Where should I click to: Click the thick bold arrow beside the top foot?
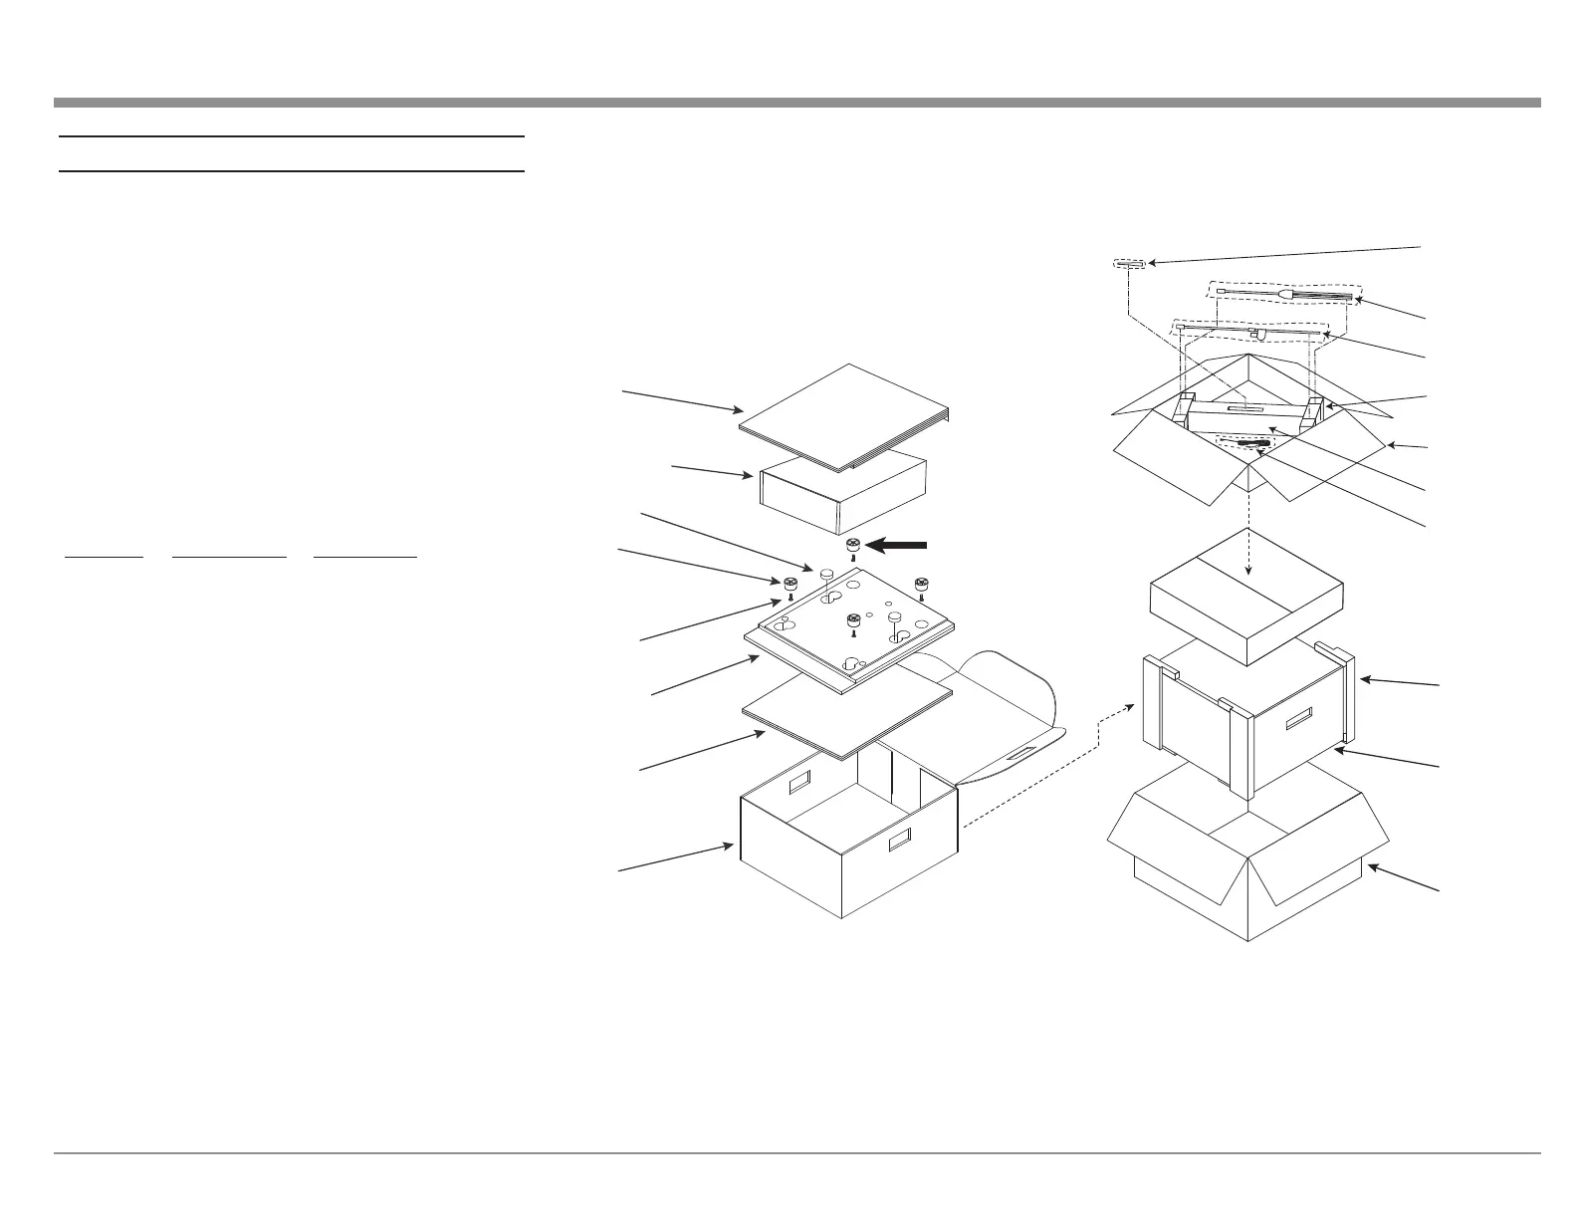pyautogui.click(x=898, y=545)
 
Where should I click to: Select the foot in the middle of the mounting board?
pyautogui.click(x=853, y=621)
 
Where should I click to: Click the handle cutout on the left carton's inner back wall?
pyautogui.click(x=800, y=785)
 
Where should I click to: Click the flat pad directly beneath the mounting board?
pyautogui.click(x=847, y=709)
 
